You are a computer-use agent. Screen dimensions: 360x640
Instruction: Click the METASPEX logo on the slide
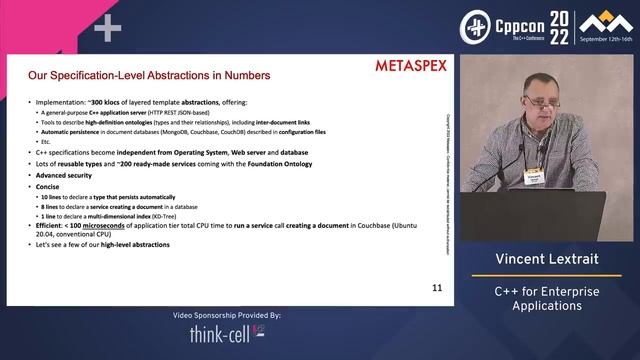(x=410, y=67)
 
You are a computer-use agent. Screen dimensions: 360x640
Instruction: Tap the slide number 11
(x=437, y=288)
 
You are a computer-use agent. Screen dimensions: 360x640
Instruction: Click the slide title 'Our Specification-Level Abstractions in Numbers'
(x=148, y=75)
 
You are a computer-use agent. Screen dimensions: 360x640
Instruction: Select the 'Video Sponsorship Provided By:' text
(x=228, y=315)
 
